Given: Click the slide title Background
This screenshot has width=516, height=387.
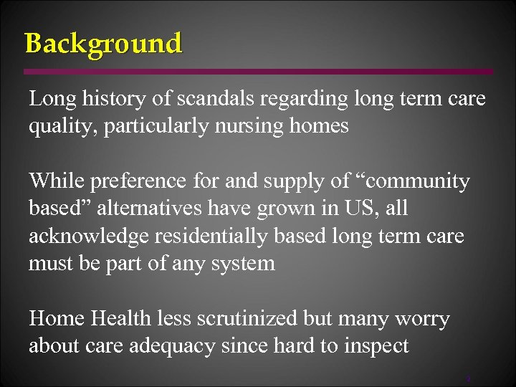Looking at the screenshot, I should point(103,44).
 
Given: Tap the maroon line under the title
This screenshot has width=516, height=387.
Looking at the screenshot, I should point(258,72).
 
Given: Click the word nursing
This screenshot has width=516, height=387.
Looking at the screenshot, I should point(246,127).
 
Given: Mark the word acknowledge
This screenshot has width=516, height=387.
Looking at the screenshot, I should point(85,236).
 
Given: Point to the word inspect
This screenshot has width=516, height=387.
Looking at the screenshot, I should point(373,346).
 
